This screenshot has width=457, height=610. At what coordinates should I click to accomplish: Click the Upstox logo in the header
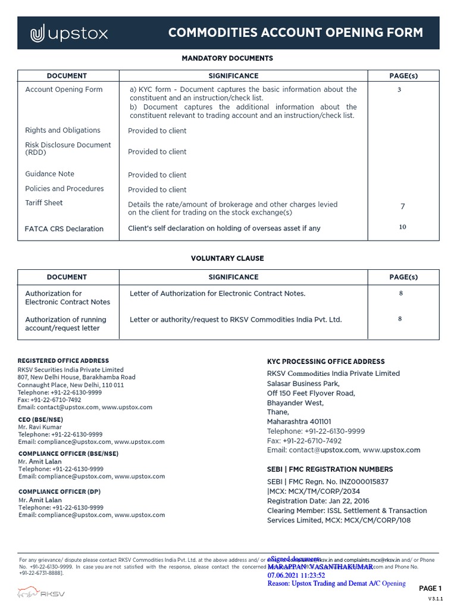click(69, 34)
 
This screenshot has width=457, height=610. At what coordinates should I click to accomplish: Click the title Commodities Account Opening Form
click(295, 33)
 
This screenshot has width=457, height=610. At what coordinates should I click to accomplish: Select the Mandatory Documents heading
click(227, 58)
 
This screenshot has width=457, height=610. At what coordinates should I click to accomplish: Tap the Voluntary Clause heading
click(227, 259)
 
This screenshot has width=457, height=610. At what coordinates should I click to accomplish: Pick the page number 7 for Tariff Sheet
click(402, 207)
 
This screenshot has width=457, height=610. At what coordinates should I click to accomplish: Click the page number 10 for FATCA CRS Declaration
click(402, 227)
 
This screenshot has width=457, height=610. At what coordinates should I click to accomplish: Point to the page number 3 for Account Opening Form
click(399, 89)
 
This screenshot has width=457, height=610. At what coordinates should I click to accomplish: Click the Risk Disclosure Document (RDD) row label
click(68, 148)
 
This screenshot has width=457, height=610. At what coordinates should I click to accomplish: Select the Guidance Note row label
click(49, 174)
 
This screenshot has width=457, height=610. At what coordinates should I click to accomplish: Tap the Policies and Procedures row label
click(64, 188)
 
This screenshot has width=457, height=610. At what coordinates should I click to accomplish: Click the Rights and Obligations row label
click(62, 130)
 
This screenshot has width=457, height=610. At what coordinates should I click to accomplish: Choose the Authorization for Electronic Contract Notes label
click(67, 297)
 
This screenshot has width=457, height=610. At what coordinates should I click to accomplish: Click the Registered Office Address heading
click(63, 360)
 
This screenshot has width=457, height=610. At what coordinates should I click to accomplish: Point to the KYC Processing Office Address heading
click(325, 362)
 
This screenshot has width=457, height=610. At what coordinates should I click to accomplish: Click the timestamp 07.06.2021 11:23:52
click(296, 575)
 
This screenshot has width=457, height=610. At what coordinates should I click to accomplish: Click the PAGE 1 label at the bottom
click(430, 589)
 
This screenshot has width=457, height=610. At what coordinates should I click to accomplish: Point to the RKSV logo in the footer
click(41, 593)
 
